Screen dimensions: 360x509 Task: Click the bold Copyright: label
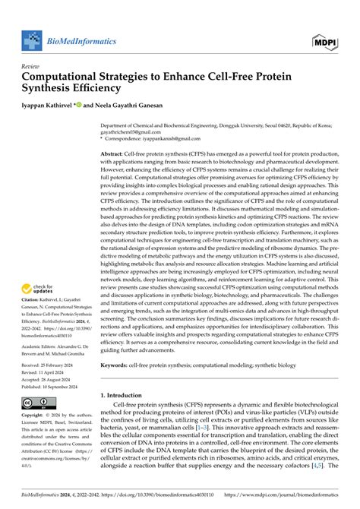click(x=36, y=416)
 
